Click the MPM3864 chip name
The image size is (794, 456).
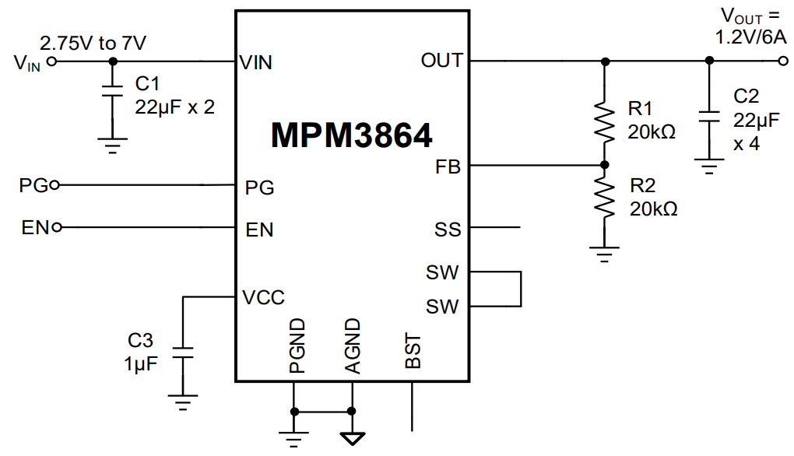(351, 135)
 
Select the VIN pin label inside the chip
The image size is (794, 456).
(256, 62)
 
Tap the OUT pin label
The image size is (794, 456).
(441, 61)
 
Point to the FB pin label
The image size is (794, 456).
(449, 167)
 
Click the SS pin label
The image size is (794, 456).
(448, 230)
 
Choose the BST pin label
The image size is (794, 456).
(413, 352)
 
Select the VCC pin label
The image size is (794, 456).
(263, 297)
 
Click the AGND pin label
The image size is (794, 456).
(352, 346)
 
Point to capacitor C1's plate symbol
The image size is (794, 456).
(113, 93)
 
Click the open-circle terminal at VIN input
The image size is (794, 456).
(52, 61)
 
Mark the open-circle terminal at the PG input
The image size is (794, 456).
(54, 185)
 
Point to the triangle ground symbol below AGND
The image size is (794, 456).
(352, 437)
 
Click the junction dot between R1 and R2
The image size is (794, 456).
(604, 165)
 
